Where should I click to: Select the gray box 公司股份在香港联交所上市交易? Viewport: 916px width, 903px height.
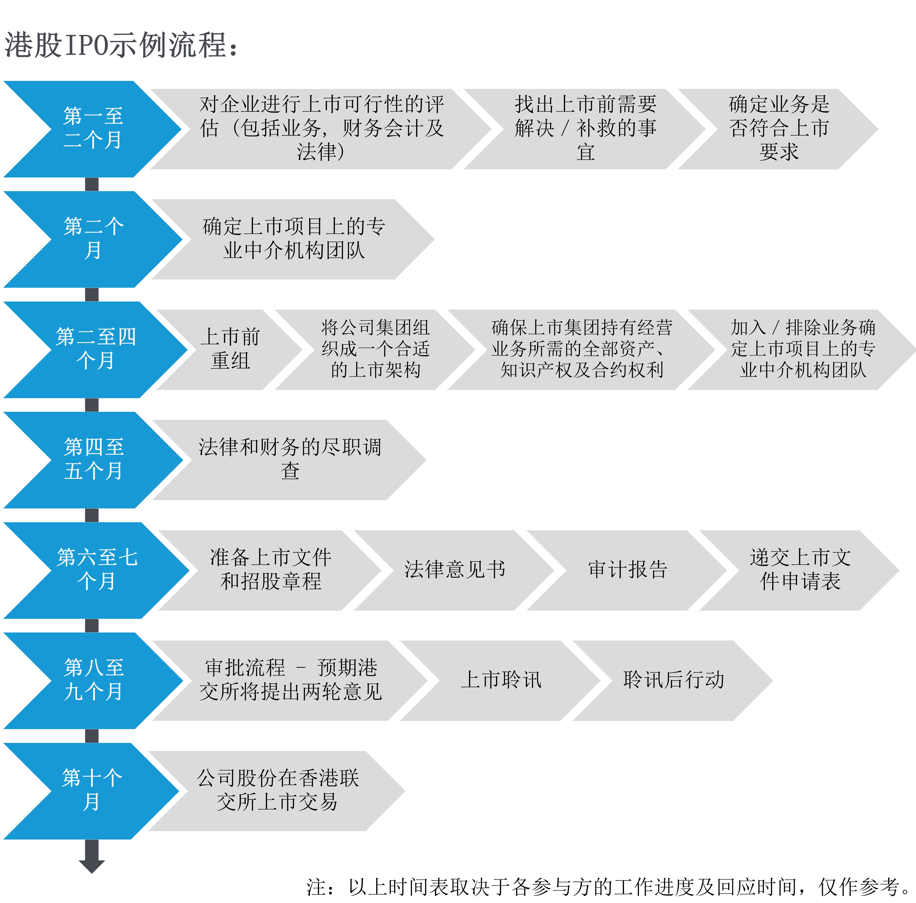(277, 790)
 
